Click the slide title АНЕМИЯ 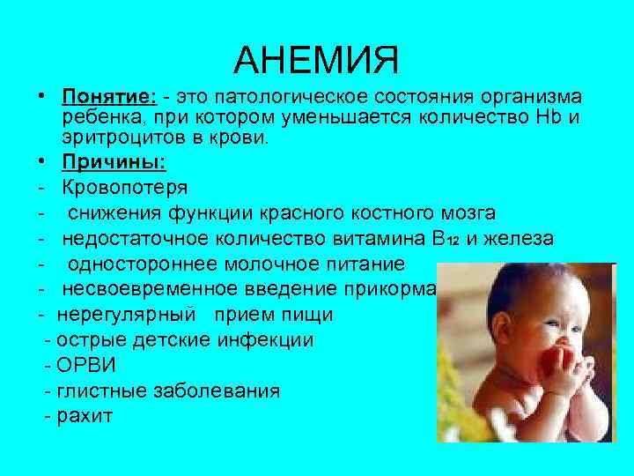[316, 60]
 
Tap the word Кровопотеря [124, 188]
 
